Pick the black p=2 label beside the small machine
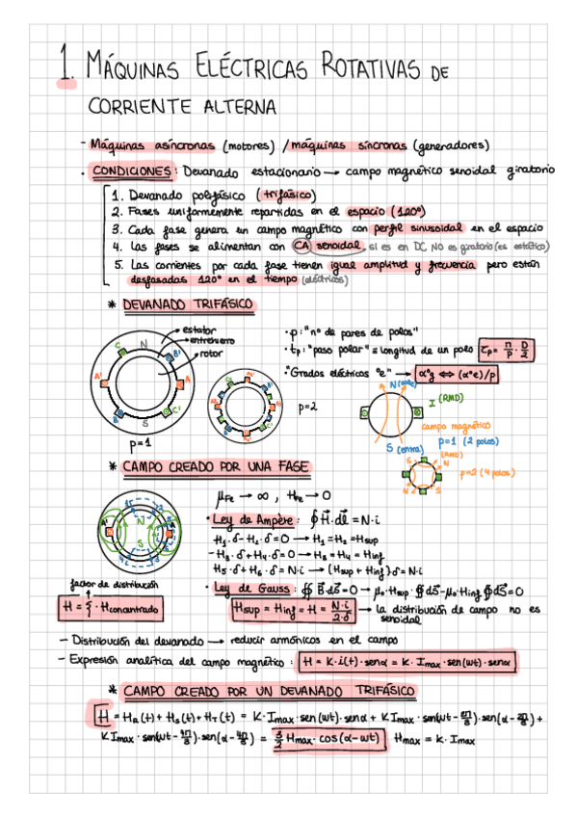(x=307, y=408)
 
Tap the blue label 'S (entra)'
(x=400, y=448)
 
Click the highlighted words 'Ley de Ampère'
(x=252, y=521)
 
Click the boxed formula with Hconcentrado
(x=110, y=608)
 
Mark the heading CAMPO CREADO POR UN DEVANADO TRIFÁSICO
(x=269, y=691)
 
